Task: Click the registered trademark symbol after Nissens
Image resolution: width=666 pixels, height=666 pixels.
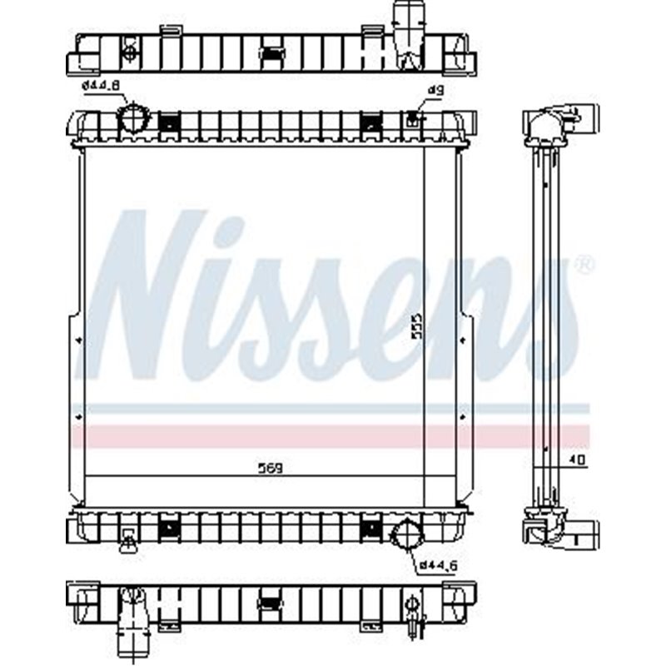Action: click(585, 266)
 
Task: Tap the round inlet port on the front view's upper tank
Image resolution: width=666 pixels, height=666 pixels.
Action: click(133, 119)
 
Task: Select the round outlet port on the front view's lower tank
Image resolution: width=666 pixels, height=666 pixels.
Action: click(407, 533)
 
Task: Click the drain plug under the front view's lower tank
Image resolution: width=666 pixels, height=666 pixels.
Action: click(127, 542)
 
